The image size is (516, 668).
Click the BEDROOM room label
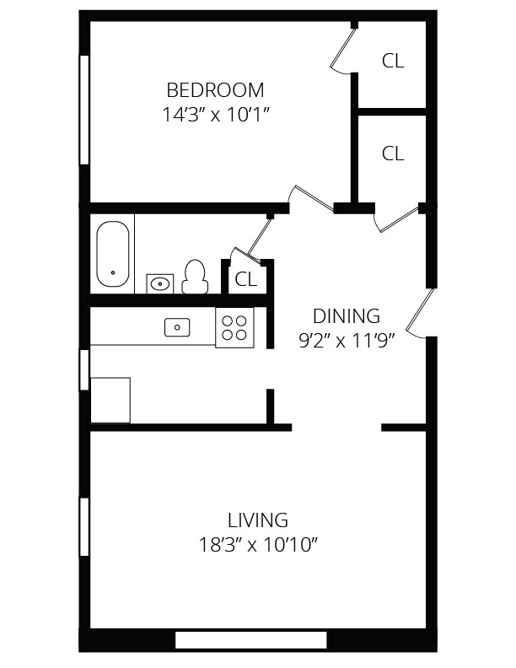[x=214, y=89]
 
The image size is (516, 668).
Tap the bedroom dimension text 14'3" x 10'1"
[x=214, y=114]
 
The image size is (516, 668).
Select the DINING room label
[x=346, y=316]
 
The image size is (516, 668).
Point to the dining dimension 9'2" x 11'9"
[x=346, y=341]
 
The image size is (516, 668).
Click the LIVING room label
[x=257, y=520]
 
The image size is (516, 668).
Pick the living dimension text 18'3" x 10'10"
[x=257, y=544]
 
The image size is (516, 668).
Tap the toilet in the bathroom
[x=195, y=276]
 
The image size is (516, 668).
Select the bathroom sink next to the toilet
[x=159, y=283]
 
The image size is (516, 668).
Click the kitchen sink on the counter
[x=177, y=327]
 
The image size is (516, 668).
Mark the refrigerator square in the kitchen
[x=110, y=400]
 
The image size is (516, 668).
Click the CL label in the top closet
[x=393, y=61]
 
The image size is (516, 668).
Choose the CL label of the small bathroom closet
[x=245, y=280]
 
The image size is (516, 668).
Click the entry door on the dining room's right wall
[x=421, y=311]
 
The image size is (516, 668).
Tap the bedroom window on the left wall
[x=84, y=110]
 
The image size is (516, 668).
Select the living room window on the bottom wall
[x=250, y=640]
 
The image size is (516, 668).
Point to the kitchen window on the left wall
[x=84, y=369]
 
